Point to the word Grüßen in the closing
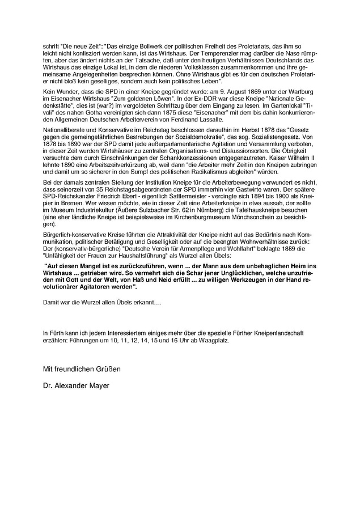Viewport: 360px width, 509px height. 109,370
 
